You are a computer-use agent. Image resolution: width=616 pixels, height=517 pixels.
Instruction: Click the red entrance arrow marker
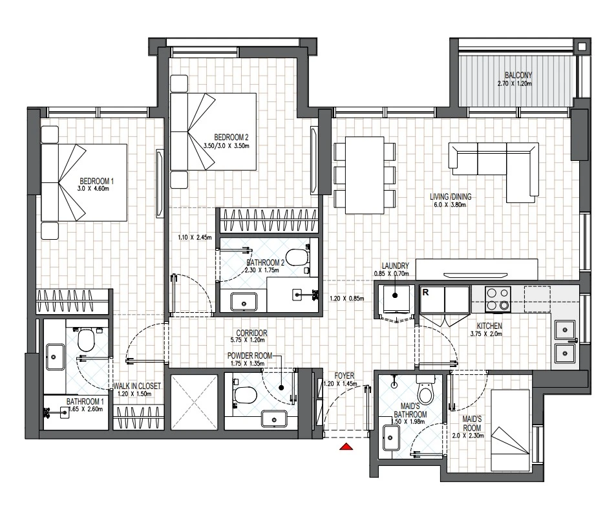tap(346, 446)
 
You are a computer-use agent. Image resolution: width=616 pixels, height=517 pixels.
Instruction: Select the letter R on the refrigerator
tap(425, 292)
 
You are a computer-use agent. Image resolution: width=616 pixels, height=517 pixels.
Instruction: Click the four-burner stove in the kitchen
tap(498, 299)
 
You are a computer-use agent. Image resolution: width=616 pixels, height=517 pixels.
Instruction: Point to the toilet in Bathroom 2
tap(297, 258)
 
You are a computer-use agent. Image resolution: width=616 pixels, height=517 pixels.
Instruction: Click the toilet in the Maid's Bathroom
tap(425, 389)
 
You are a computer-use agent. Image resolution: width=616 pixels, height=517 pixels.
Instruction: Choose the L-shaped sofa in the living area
tap(494, 171)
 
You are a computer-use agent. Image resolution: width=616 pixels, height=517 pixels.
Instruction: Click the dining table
tap(364, 175)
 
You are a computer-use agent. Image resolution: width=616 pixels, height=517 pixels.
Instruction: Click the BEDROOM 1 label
tap(97, 181)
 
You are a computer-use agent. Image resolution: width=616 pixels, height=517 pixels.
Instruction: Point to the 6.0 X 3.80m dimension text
tap(451, 205)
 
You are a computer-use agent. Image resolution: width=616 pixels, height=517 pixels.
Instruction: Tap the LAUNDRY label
tap(395, 266)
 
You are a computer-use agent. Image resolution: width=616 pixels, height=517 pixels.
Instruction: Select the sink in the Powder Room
tap(274, 419)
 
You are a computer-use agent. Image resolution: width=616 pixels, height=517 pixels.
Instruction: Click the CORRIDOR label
tap(252, 333)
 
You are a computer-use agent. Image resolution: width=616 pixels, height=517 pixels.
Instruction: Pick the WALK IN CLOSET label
tap(137, 386)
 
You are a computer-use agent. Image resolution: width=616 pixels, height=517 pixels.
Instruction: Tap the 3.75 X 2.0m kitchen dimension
tap(486, 334)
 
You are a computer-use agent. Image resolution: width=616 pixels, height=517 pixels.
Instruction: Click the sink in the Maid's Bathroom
tap(390, 438)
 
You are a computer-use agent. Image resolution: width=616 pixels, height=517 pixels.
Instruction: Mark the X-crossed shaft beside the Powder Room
tap(194, 402)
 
